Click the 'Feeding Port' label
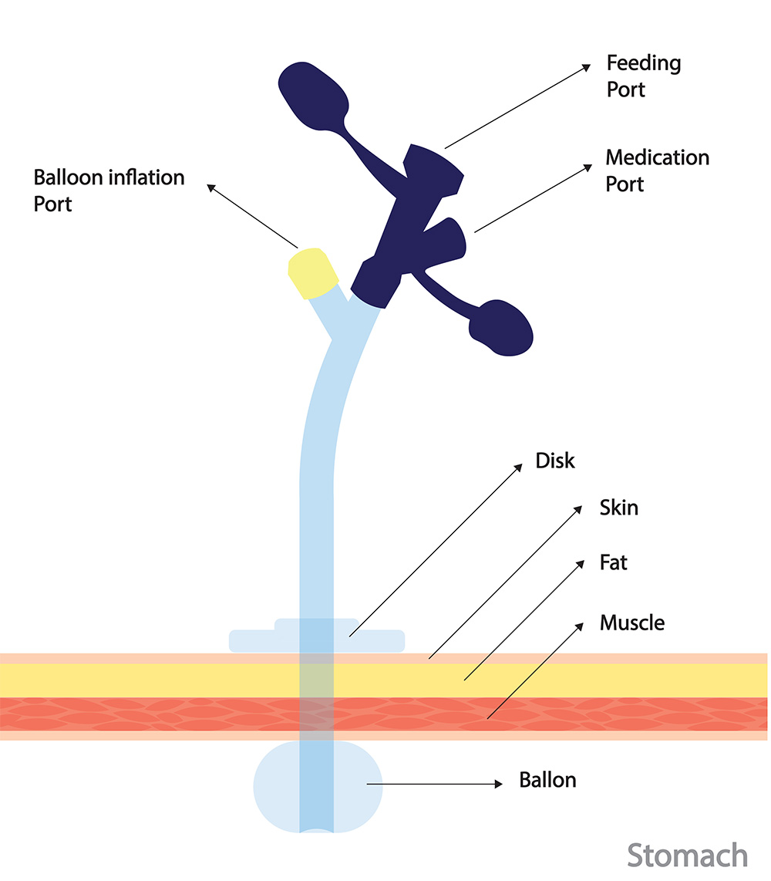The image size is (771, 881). pyautogui.click(x=643, y=76)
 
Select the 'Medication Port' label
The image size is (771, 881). pyautogui.click(x=656, y=170)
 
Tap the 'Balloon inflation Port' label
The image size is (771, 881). pyautogui.click(x=109, y=191)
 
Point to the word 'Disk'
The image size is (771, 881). pyautogui.click(x=555, y=461)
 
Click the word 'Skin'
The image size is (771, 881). pyautogui.click(x=618, y=508)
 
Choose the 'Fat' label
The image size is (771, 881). pyautogui.click(x=614, y=563)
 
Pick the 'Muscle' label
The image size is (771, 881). pyautogui.click(x=631, y=622)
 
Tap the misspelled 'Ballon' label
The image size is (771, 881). pyautogui.click(x=547, y=780)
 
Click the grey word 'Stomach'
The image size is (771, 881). pyautogui.click(x=687, y=856)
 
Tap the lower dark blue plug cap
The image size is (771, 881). pyautogui.click(x=503, y=327)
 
